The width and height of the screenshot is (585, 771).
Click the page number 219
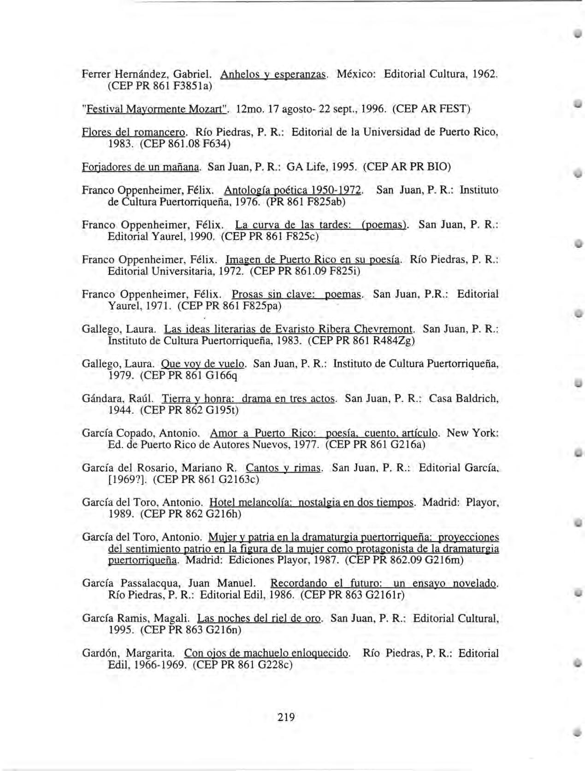[x=286, y=717]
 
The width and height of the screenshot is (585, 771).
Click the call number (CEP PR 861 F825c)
[x=270, y=237]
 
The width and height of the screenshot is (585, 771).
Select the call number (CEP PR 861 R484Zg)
[x=361, y=341]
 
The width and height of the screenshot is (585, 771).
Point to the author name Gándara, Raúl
[x=119, y=398]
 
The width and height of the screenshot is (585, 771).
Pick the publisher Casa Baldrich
[x=464, y=398]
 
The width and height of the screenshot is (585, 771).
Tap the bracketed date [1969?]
[x=127, y=480]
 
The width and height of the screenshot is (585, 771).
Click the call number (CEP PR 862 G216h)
[x=191, y=514]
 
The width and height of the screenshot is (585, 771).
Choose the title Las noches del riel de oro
[x=259, y=618]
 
